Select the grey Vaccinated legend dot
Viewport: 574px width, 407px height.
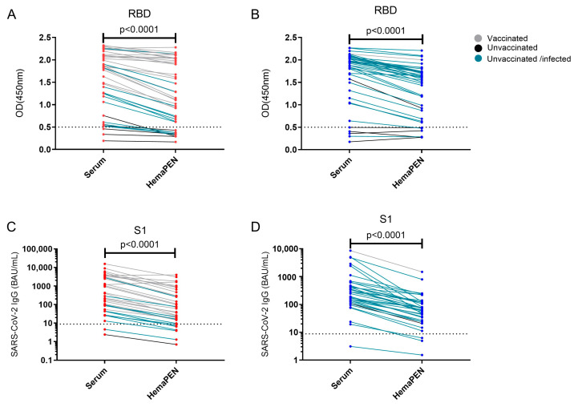(478, 38)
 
